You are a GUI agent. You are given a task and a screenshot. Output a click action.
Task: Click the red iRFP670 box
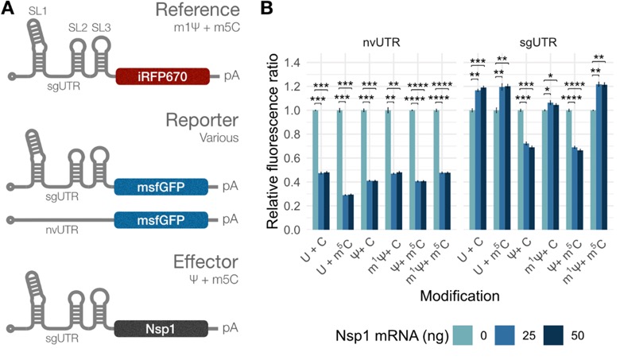[162, 76]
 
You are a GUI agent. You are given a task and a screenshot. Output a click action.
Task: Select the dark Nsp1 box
[161, 328]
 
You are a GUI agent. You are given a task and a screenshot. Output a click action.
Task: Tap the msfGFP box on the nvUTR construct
[161, 219]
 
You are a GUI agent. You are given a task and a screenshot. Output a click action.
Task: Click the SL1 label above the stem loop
[38, 11]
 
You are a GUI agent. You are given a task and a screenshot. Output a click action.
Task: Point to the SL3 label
[101, 28]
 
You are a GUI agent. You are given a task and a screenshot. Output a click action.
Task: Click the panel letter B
[266, 8]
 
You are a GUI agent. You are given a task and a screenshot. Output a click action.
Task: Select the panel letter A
[7, 8]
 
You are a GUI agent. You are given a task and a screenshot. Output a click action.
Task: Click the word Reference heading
[197, 10]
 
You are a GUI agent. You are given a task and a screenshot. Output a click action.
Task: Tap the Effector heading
[206, 262]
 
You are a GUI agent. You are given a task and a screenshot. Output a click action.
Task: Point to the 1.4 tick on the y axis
[293, 63]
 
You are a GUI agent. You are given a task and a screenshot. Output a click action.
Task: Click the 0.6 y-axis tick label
[293, 158]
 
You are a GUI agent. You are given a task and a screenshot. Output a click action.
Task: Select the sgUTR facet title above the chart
[538, 42]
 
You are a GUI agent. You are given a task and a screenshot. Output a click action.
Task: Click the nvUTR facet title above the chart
[382, 42]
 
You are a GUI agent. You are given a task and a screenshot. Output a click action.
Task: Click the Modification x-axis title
[459, 296]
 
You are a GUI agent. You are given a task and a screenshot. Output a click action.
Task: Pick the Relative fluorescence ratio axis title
[273, 142]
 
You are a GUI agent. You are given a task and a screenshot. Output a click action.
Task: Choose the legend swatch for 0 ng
[463, 335]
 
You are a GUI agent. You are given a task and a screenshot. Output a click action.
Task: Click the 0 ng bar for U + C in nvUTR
[315, 170]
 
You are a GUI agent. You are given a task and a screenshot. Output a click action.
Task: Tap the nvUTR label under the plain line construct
[62, 230]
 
